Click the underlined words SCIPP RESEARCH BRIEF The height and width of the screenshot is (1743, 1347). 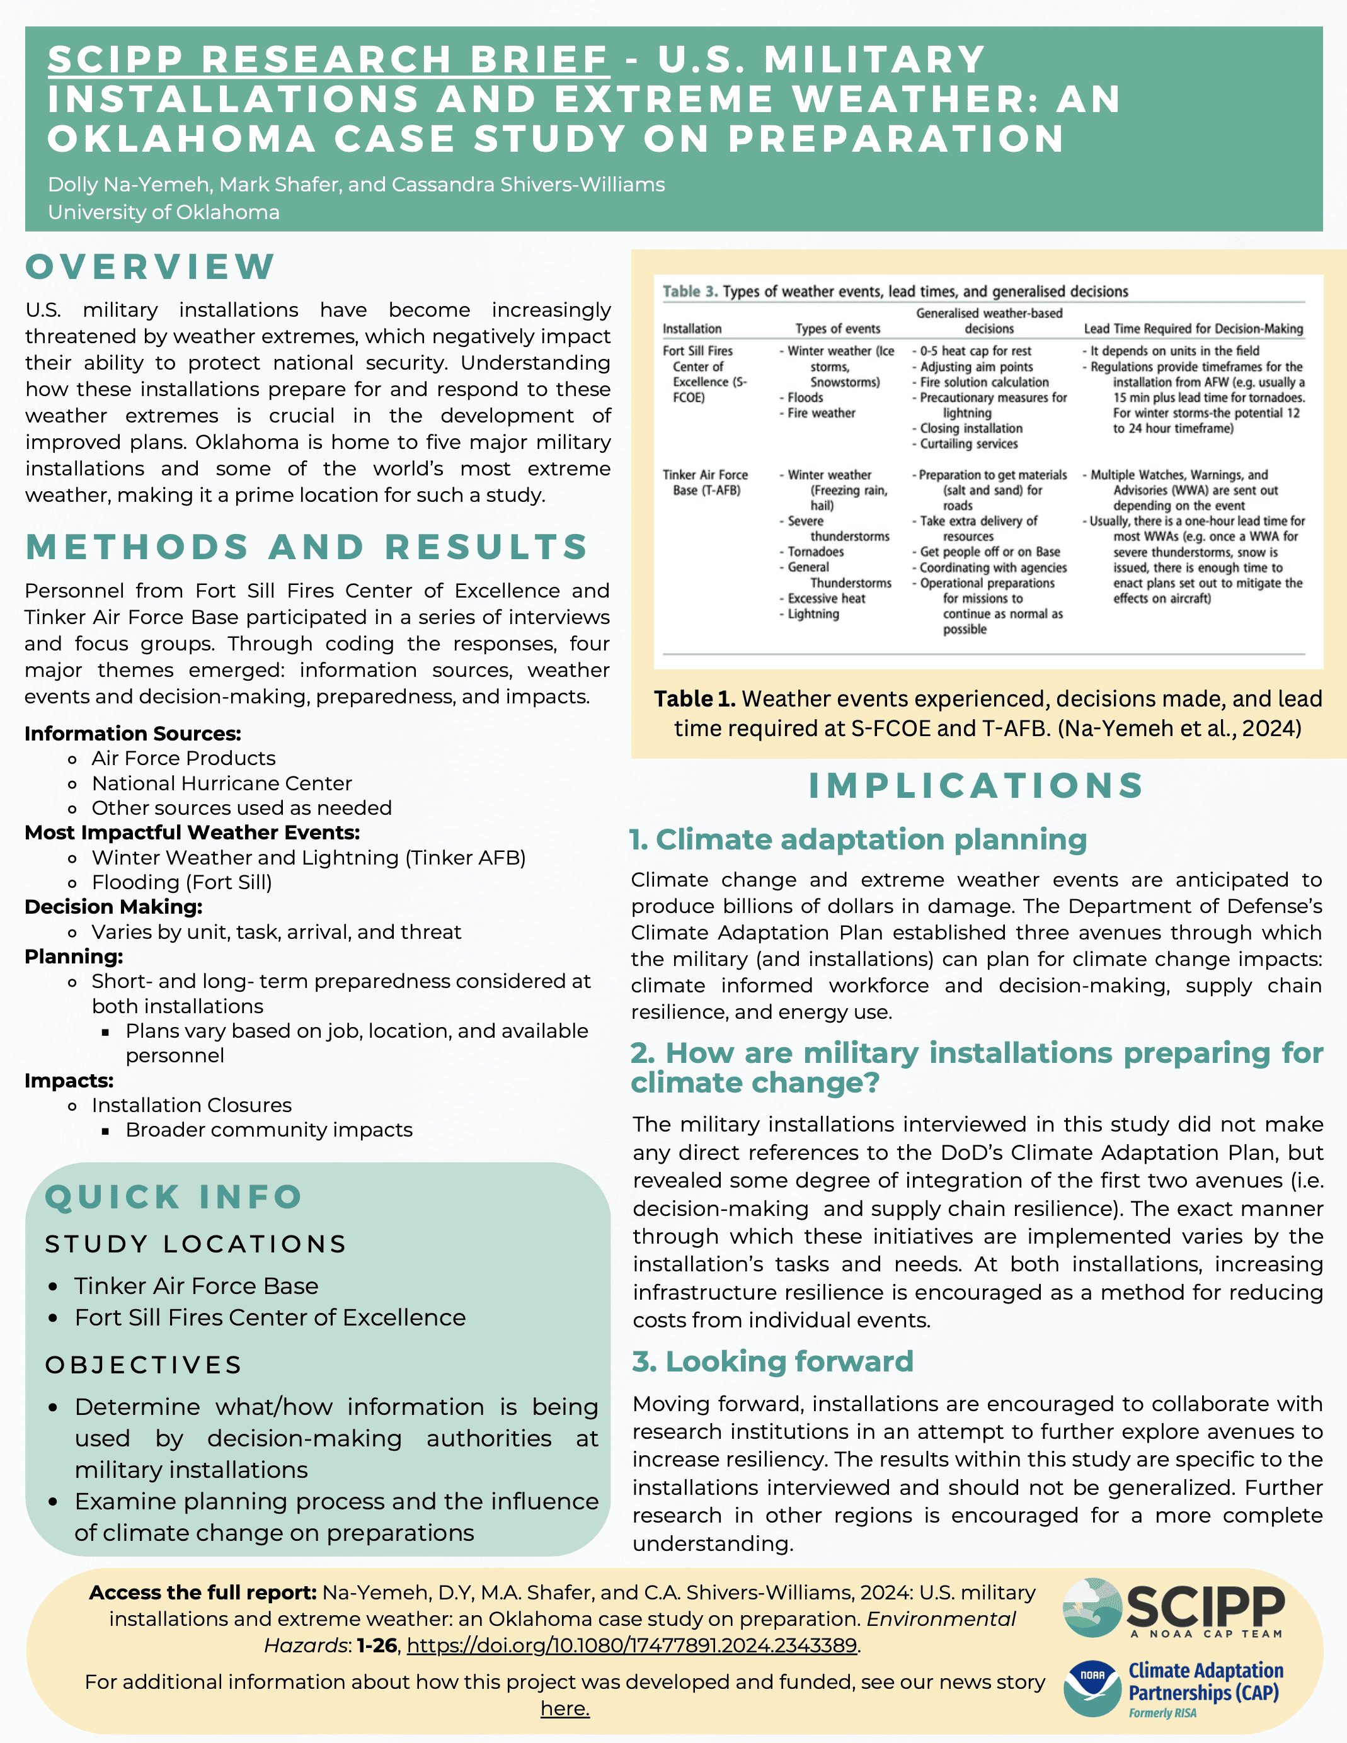pyautogui.click(x=328, y=60)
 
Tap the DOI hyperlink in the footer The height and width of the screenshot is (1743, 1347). pyautogui.click(x=631, y=1645)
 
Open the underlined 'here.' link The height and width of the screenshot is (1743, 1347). pyautogui.click(x=565, y=1709)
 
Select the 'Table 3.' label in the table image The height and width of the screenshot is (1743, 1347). pyautogui.click(x=689, y=292)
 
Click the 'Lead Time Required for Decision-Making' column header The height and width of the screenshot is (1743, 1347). pyautogui.click(x=1193, y=328)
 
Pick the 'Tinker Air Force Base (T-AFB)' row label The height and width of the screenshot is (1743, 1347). pyautogui.click(x=705, y=482)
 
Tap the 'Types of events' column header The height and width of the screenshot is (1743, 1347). pyautogui.click(x=837, y=328)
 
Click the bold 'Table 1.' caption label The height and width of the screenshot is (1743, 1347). pyautogui.click(x=694, y=698)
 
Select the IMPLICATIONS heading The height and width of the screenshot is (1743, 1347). pyautogui.click(x=977, y=785)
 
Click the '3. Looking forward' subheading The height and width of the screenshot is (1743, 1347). pyautogui.click(x=773, y=1361)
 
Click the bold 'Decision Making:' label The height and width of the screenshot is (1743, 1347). pyautogui.click(x=113, y=907)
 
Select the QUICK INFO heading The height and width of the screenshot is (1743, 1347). pyautogui.click(x=173, y=1196)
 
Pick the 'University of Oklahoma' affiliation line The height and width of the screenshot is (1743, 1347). pyautogui.click(x=164, y=212)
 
